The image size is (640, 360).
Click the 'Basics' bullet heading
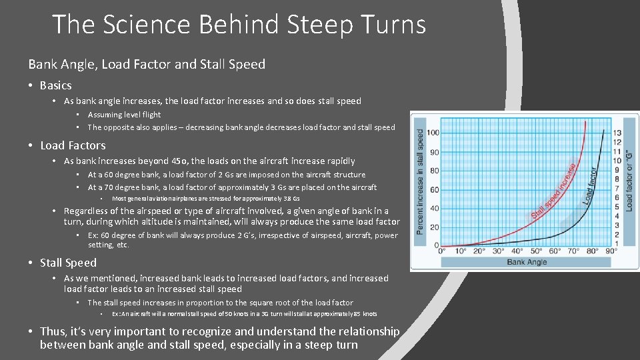pyautogui.click(x=55, y=85)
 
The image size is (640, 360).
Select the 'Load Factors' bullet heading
pyautogui.click(x=73, y=145)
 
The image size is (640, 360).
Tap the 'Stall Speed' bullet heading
pyautogui.click(x=68, y=263)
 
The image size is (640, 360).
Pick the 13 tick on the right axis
pyautogui.click(x=617, y=133)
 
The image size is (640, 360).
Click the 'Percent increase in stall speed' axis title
pyautogui.click(x=419, y=181)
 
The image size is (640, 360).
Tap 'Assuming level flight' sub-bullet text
pyautogui.click(x=124, y=115)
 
